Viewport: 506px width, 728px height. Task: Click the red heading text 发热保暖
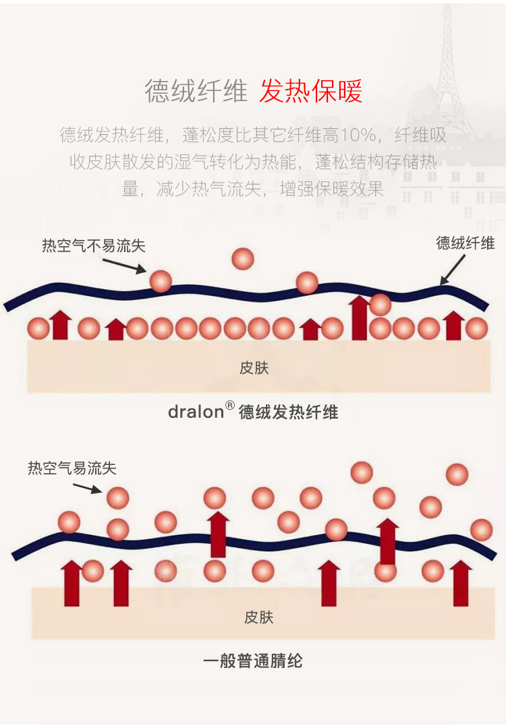[x=311, y=91]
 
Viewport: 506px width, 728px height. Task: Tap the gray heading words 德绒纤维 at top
[x=196, y=91]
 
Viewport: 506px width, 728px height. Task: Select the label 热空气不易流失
[x=93, y=246]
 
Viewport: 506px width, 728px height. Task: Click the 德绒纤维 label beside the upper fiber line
[x=466, y=243]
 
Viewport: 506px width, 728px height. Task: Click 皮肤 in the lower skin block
[x=258, y=617]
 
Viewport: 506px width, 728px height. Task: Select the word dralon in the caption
[x=196, y=412]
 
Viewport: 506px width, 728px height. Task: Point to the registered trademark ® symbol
[x=229, y=406]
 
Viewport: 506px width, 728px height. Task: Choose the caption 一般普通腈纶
[x=253, y=661]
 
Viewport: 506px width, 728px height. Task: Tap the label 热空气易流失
[x=72, y=468]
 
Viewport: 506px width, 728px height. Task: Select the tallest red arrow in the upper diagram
[x=359, y=318]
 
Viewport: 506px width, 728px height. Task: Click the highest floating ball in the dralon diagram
[x=242, y=258]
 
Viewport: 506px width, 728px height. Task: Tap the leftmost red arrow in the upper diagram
[x=61, y=325]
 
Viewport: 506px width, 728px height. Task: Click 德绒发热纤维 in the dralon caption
[x=288, y=412]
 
